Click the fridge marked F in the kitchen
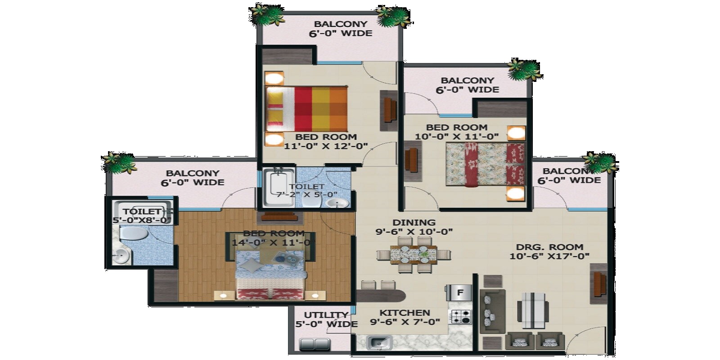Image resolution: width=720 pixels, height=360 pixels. pyautogui.click(x=459, y=293)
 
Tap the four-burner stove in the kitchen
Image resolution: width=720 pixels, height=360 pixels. pyautogui.click(x=460, y=317)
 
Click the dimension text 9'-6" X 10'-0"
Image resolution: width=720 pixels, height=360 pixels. pyautogui.click(x=414, y=232)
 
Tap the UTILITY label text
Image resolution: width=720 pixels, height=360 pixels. pyautogui.click(x=326, y=315)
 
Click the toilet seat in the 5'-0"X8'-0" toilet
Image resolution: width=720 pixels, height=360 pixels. pyautogui.click(x=132, y=234)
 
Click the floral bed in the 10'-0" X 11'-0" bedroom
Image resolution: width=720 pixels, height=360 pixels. pyautogui.click(x=485, y=164)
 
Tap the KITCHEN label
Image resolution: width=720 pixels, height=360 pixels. pyautogui.click(x=405, y=313)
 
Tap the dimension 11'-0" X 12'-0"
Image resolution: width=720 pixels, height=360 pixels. pyautogui.click(x=326, y=146)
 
